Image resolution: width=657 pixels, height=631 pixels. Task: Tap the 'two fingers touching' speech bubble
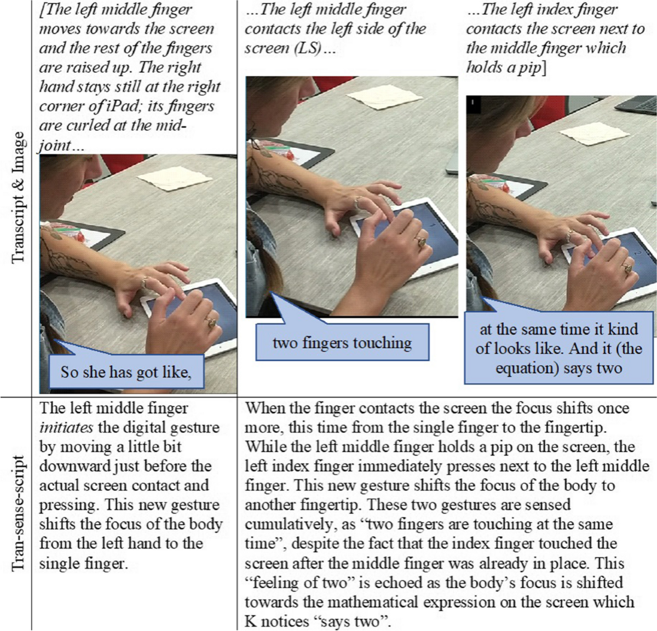(342, 342)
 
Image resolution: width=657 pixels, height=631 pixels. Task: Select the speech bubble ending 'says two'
(558, 348)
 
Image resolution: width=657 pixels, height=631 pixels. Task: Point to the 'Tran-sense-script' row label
(18, 513)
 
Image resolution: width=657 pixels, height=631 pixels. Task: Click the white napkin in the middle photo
(384, 97)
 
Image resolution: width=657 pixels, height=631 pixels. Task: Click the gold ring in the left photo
(212, 323)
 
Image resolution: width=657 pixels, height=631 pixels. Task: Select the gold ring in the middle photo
(422, 242)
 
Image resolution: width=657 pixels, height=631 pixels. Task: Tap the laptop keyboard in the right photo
(636, 106)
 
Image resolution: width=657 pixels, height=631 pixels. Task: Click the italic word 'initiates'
(66, 427)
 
